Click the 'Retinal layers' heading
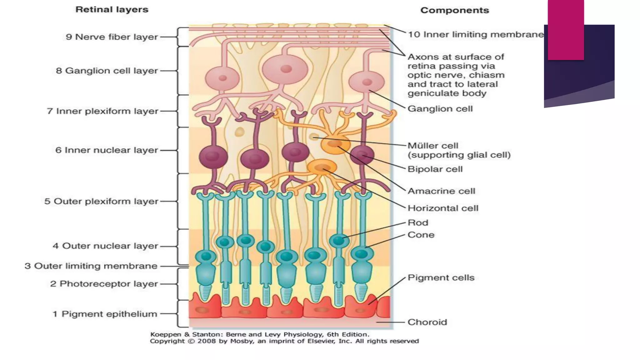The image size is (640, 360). pos(112,9)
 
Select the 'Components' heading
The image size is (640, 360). pos(454,10)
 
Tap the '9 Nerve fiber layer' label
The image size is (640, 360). pos(112,37)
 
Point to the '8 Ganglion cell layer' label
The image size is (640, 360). pos(107,71)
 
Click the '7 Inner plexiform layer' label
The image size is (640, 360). pos(102,111)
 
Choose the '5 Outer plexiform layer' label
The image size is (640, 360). pos(101,201)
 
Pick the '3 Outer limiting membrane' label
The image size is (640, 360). pos(91,266)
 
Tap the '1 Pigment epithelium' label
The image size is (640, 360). pos(105,314)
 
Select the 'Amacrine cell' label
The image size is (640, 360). pos(441,191)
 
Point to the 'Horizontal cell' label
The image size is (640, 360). pos(443,208)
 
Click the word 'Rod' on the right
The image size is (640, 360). pos(418,223)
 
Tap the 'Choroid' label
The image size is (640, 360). pos(427,322)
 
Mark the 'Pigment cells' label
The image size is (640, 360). pos(441,277)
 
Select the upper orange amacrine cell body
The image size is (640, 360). pos(335,144)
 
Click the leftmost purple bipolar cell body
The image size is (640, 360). pos(213,156)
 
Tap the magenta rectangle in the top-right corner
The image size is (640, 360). pos(566,30)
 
